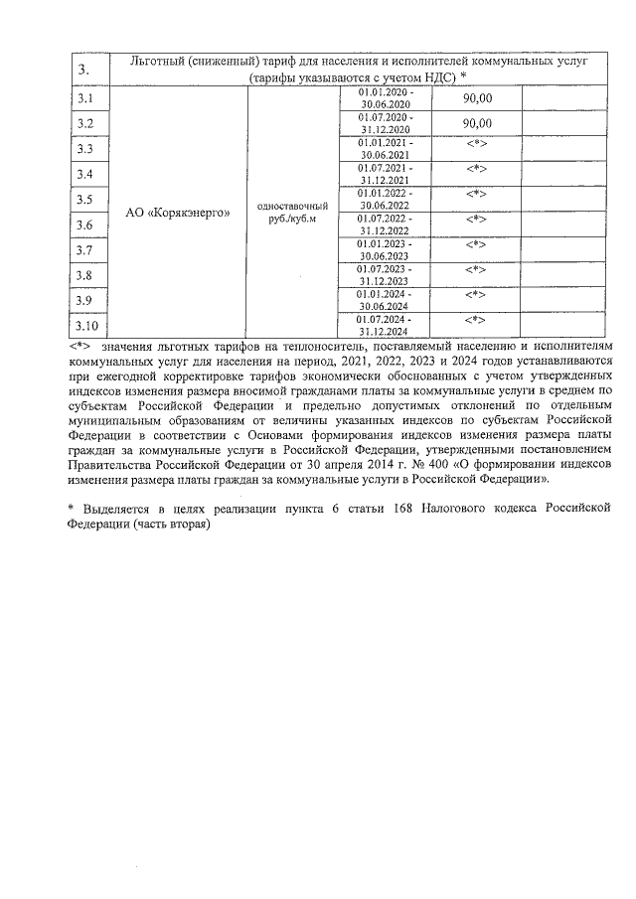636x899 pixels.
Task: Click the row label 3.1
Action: click(85, 99)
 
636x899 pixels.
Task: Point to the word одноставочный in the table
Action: click(291, 205)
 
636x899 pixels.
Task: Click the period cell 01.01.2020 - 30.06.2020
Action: click(383, 98)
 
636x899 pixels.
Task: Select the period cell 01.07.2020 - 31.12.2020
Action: click(383, 123)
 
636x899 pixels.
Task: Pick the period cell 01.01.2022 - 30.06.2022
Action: click(383, 199)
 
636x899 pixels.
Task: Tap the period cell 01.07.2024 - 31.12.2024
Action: click(383, 326)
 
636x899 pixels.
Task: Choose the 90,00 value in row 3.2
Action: click(478, 122)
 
